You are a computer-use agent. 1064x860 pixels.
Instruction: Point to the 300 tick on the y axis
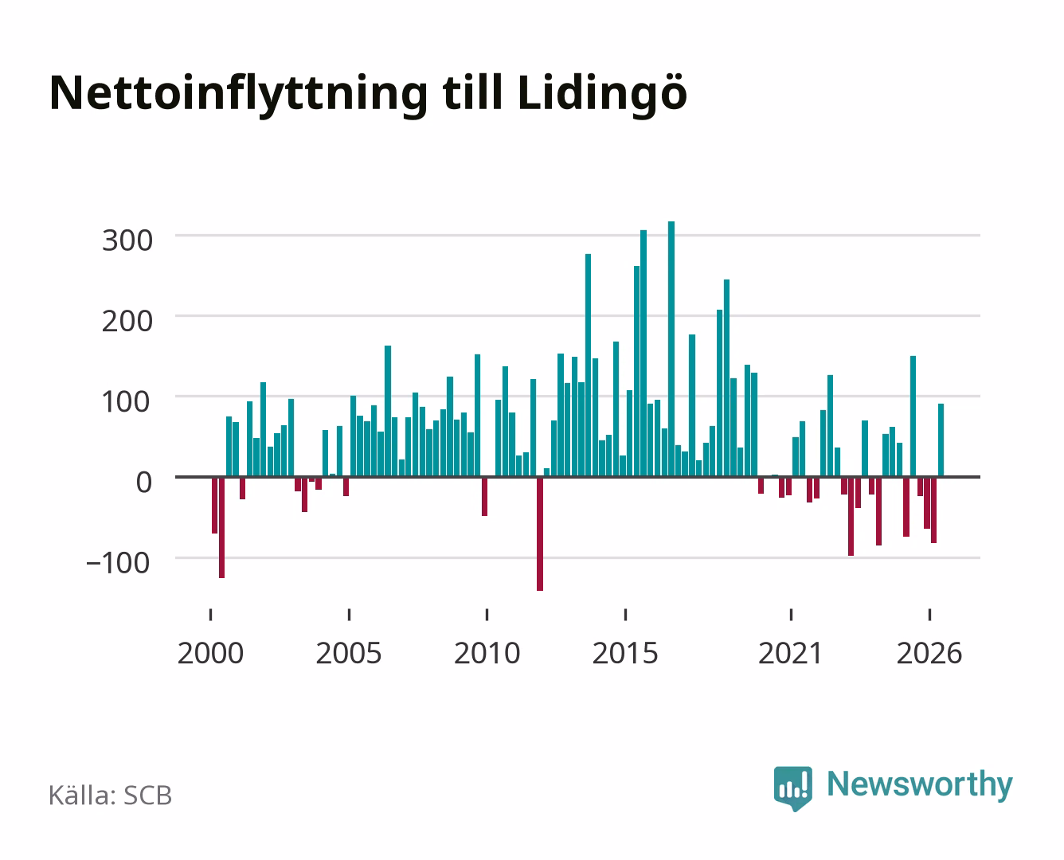tap(127, 240)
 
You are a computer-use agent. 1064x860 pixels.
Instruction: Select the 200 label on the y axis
tap(127, 321)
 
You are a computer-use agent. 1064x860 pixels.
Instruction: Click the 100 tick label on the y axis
tap(126, 402)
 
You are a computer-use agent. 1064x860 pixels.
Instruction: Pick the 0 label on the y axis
tap(144, 483)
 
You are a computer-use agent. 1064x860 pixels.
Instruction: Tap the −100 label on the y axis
tap(118, 563)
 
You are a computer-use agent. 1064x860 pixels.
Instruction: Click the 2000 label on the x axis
tap(210, 653)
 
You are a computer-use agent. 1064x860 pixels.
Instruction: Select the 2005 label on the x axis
tap(349, 653)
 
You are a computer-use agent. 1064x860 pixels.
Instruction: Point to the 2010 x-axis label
tap(487, 653)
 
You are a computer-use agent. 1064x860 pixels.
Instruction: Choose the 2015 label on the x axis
tap(625, 653)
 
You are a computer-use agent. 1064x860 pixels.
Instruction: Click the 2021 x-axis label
tap(790, 653)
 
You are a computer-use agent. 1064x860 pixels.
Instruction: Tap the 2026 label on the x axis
tap(929, 653)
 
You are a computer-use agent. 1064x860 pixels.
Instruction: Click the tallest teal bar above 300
tap(671, 349)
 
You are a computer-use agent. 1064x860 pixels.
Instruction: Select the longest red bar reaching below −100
tap(540, 534)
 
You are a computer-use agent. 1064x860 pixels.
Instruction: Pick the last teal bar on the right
tap(941, 440)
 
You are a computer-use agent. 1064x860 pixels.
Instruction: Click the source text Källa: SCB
tap(111, 795)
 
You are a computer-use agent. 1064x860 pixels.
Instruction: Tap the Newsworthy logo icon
tap(792, 788)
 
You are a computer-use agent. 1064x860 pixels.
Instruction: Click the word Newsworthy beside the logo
tap(920, 784)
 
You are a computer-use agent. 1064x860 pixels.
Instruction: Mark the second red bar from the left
tap(221, 528)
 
